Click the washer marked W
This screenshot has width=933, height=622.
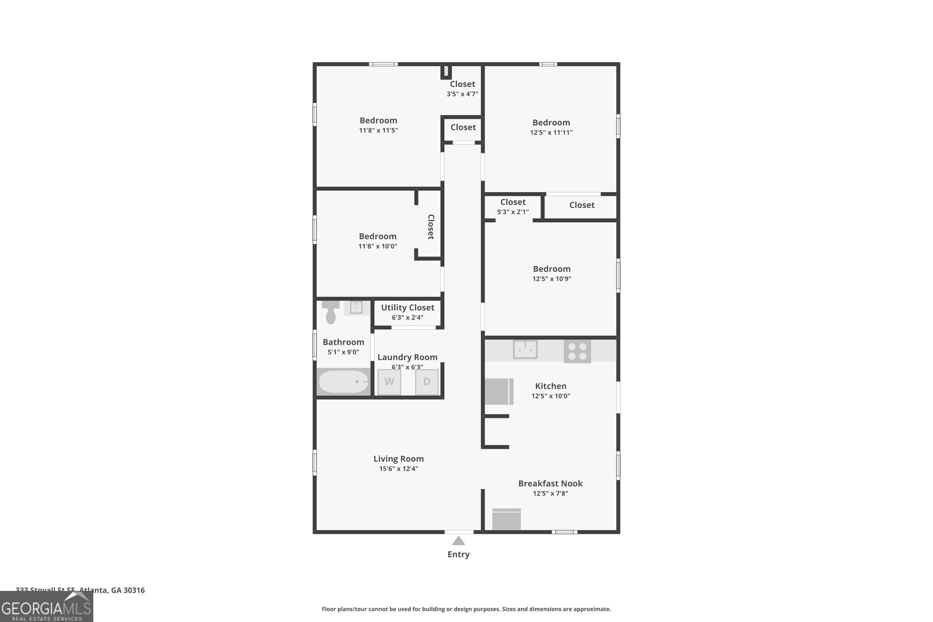pos(389,382)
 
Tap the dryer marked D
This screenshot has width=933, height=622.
pos(427,382)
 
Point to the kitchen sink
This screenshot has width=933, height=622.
pos(525,350)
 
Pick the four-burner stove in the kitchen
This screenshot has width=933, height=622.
pos(577,351)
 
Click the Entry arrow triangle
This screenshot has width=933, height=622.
pos(458,541)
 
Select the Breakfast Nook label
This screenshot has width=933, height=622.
pos(550,484)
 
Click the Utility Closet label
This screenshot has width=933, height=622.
pos(407,308)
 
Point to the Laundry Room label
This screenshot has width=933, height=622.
pos(407,357)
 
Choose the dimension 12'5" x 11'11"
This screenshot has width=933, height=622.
pos(551,132)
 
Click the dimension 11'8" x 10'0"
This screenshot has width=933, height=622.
pos(378,246)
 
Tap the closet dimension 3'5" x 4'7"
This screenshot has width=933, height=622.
pos(462,94)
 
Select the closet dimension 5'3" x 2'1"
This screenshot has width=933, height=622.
pos(513,212)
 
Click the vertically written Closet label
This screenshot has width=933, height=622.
pos(431,227)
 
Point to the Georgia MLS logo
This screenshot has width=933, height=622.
pos(46,607)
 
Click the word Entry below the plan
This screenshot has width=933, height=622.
pos(458,555)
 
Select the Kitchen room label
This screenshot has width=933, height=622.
pos(550,386)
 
